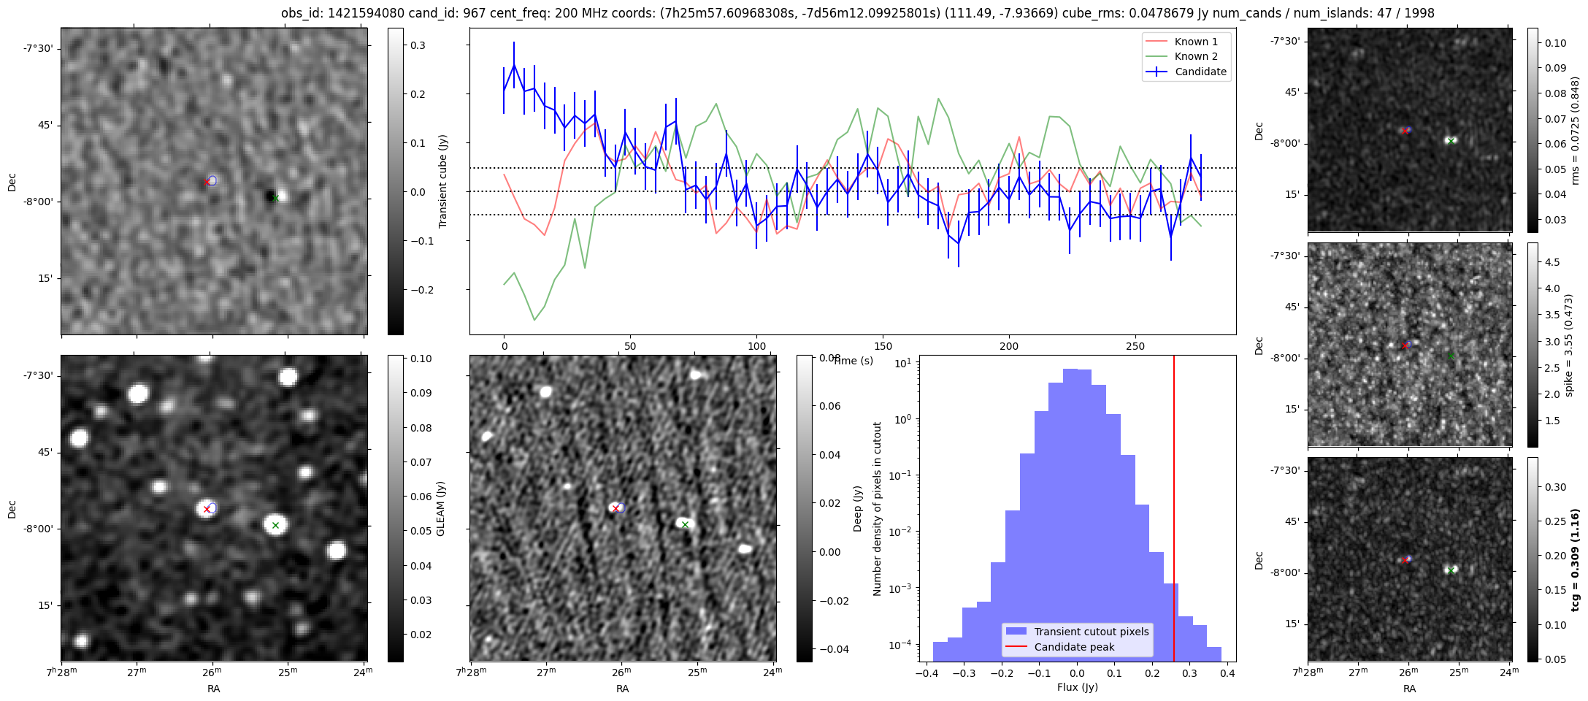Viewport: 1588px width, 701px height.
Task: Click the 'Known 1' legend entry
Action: [x=1195, y=42]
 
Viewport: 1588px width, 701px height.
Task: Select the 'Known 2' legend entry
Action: [x=1195, y=56]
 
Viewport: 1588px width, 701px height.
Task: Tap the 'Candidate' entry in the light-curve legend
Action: [x=1200, y=72]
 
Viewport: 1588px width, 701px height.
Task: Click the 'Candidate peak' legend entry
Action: [x=1074, y=647]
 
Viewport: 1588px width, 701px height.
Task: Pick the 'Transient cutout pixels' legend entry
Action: [x=1091, y=632]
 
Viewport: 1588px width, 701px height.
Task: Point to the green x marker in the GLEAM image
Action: [x=275, y=525]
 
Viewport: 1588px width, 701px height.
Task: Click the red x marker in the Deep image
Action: [x=615, y=508]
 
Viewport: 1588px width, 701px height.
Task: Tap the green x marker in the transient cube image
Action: [x=275, y=198]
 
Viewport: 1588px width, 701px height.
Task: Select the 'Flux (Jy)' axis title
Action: [x=1077, y=687]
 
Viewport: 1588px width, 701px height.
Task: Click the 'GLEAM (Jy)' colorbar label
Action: [x=440, y=509]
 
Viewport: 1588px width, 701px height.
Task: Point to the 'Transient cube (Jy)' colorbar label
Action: [x=442, y=181]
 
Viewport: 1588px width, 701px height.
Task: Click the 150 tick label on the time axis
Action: [x=883, y=346]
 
